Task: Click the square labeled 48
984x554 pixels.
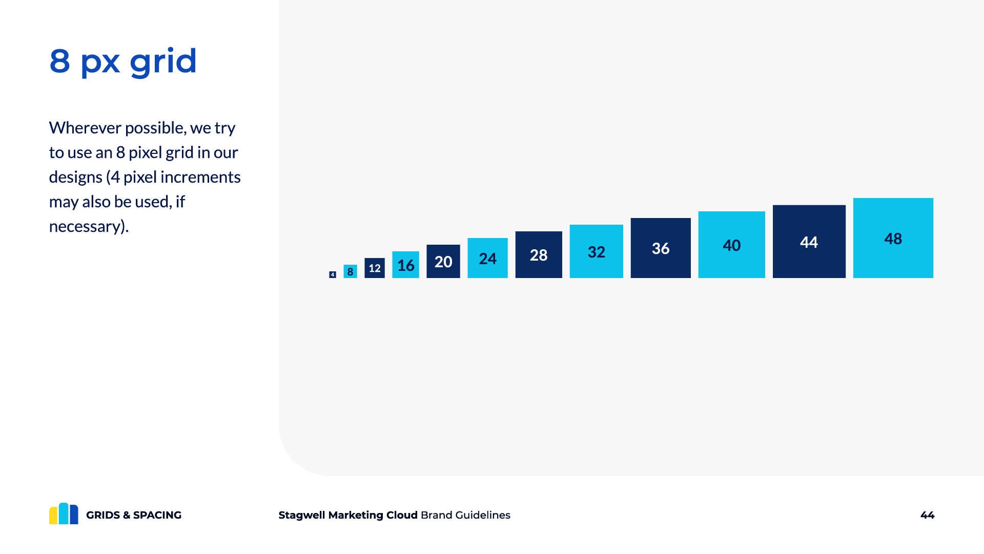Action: pyautogui.click(x=893, y=238)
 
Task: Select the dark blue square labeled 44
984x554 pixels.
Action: pyautogui.click(x=809, y=242)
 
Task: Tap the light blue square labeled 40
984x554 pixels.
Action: pyautogui.click(x=731, y=245)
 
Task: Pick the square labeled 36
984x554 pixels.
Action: pyautogui.click(x=660, y=248)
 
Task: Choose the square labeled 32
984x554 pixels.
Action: pyautogui.click(x=596, y=251)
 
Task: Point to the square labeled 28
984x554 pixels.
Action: pyautogui.click(x=538, y=255)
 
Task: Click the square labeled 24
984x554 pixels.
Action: pyautogui.click(x=487, y=258)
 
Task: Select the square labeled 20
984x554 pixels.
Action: pyautogui.click(x=443, y=262)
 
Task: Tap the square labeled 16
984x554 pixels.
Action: pyautogui.click(x=405, y=265)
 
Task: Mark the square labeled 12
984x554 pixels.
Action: pyautogui.click(x=374, y=268)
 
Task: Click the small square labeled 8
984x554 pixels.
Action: pyautogui.click(x=350, y=271)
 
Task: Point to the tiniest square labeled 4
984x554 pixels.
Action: pyautogui.click(x=332, y=274)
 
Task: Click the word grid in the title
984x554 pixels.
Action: pyautogui.click(x=163, y=62)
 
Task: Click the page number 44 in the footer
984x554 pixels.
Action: pyautogui.click(x=927, y=515)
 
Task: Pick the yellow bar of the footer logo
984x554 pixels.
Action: pyautogui.click(x=53, y=516)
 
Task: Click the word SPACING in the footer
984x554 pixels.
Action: pyautogui.click(x=157, y=515)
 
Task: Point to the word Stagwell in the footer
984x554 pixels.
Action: pyautogui.click(x=302, y=515)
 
